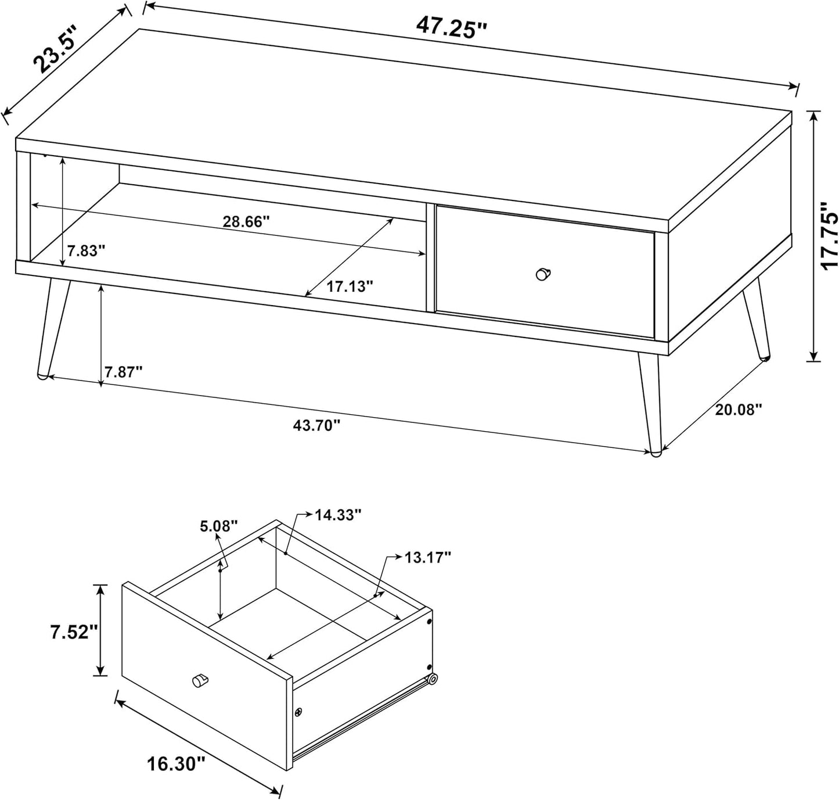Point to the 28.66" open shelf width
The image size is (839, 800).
(246, 222)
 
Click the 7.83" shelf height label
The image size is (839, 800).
(86, 251)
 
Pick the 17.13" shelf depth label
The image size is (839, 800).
(350, 286)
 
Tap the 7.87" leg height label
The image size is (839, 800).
(123, 372)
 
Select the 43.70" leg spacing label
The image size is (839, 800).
(316, 425)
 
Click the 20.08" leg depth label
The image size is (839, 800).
(739, 410)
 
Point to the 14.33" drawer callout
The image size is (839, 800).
(339, 515)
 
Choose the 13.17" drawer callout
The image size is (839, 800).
(427, 557)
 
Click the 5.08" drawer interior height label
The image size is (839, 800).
(219, 526)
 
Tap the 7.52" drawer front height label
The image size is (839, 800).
(75, 632)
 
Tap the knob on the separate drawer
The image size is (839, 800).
(200, 680)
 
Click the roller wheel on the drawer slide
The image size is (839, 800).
(433, 679)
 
